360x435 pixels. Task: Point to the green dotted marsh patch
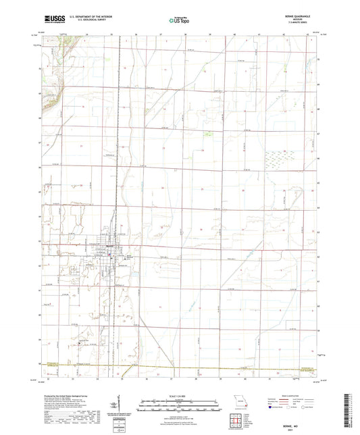277,161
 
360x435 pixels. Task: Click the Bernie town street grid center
108,250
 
